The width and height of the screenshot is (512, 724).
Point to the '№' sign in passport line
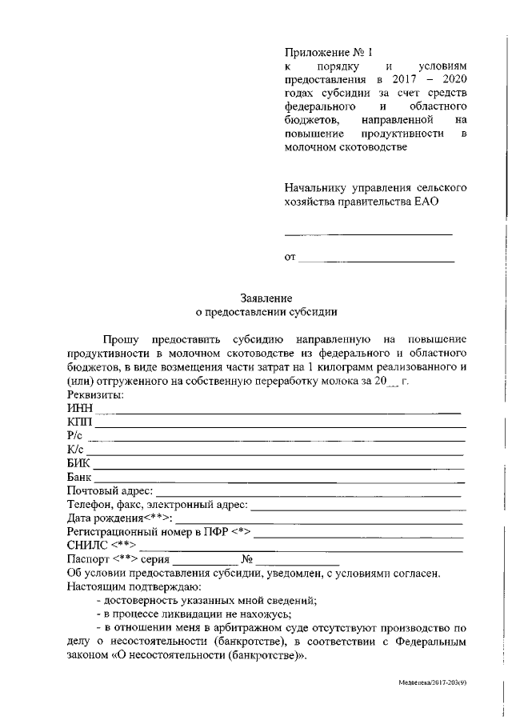click(x=247, y=559)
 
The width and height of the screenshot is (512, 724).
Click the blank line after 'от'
click(x=376, y=259)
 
